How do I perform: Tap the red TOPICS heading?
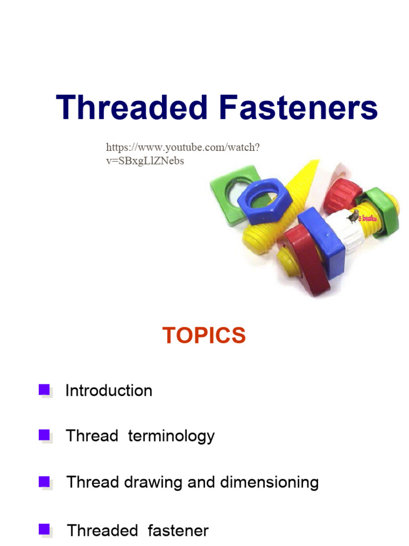204,336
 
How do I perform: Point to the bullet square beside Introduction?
45,390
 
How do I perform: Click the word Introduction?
109,391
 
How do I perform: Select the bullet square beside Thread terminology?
45,435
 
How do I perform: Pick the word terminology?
171,436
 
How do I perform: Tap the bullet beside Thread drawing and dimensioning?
45,482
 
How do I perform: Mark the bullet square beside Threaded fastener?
45,529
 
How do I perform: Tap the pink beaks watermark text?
367,219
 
